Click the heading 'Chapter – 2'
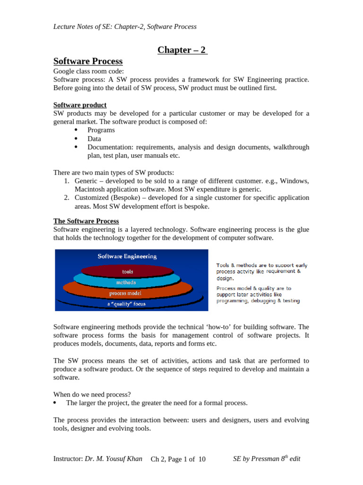click(182, 50)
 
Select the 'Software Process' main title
click(88, 61)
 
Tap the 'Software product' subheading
click(80, 105)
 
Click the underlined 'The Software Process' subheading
click(86, 221)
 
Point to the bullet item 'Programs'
click(101, 130)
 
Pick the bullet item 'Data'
click(94, 139)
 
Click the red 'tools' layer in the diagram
click(127, 271)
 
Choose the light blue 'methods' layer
click(126, 282)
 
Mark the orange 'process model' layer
click(125, 293)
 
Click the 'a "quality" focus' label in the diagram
click(126, 304)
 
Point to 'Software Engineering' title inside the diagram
click(127, 256)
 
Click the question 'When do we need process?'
click(92, 395)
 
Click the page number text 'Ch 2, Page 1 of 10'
click(178, 459)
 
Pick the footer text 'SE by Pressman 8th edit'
click(267, 458)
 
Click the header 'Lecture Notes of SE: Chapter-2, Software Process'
click(125, 27)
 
